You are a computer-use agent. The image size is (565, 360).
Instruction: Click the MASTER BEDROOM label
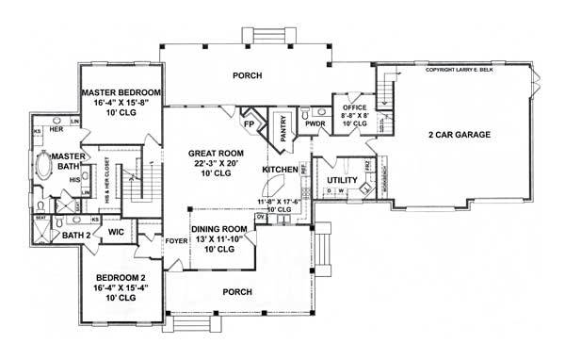(121, 92)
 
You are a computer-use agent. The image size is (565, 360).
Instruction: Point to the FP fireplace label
(250, 123)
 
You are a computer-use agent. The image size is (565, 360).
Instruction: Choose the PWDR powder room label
(315, 123)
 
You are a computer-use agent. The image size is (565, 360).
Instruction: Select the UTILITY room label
(340, 178)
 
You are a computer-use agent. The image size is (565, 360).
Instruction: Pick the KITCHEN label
(280, 169)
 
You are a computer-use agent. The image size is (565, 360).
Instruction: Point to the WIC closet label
(117, 230)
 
